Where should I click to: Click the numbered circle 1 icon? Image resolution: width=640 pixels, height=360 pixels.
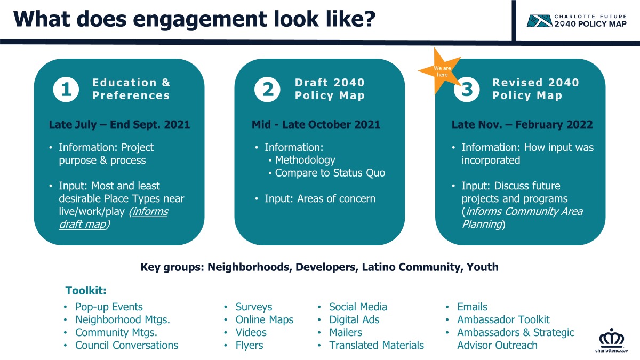click(66, 90)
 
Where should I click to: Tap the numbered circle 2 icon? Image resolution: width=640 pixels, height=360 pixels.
click(267, 90)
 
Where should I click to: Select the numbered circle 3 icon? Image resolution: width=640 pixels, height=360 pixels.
click(467, 90)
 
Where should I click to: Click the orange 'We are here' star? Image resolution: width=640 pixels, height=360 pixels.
click(441, 71)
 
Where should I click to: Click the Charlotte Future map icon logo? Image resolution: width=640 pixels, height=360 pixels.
click(539, 21)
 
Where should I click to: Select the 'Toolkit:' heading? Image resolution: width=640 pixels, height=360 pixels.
click(86, 291)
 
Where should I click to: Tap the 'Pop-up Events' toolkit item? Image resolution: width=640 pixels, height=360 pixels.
click(109, 307)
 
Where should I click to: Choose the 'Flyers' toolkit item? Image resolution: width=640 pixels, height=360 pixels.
click(249, 345)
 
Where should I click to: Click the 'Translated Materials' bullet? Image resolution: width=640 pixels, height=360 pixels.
click(377, 345)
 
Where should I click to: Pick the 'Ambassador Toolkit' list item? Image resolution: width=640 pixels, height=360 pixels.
click(503, 319)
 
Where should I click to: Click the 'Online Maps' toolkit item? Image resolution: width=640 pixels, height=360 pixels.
click(265, 319)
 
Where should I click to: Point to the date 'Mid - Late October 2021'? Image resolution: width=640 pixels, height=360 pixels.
click(316, 124)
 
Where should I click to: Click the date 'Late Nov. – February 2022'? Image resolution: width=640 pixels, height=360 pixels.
click(522, 124)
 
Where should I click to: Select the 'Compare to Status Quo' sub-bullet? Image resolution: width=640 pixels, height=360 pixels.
click(330, 173)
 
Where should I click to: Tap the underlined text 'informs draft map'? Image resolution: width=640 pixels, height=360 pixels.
click(114, 218)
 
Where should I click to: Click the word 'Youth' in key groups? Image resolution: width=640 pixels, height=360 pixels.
click(483, 267)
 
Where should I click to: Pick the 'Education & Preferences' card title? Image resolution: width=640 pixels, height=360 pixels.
click(131, 89)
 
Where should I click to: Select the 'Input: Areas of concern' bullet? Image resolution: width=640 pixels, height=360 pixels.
click(320, 198)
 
